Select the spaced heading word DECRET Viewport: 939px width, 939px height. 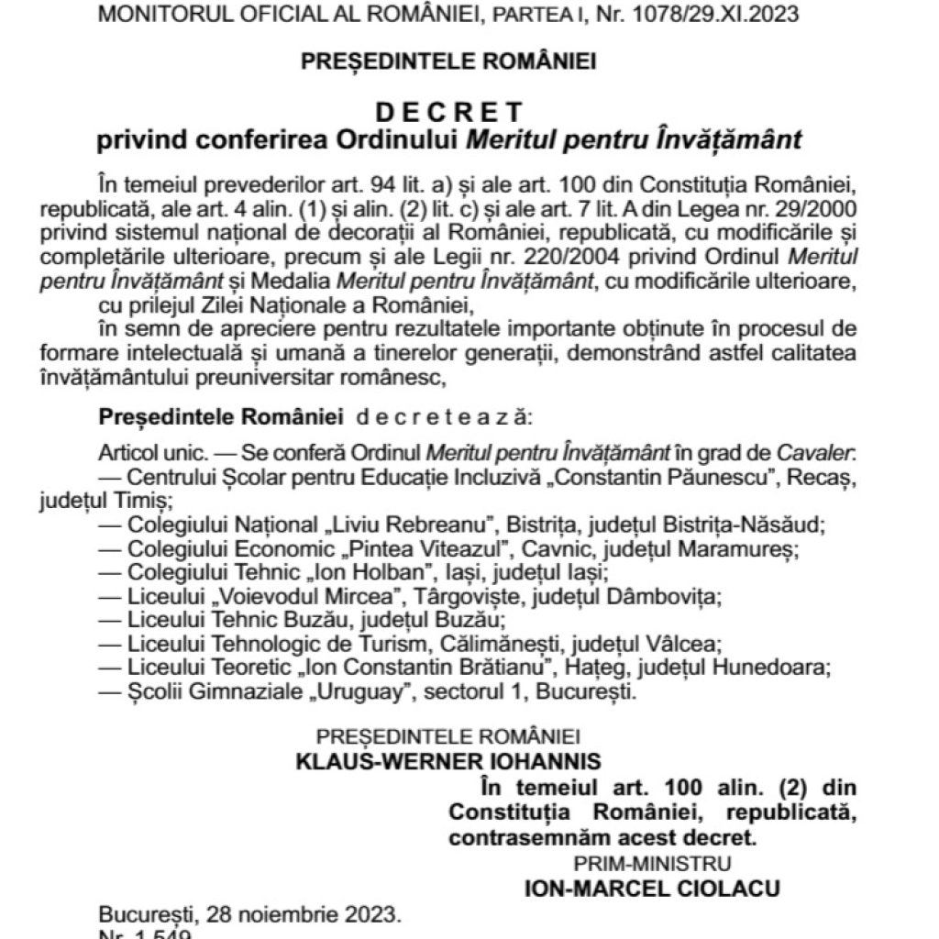point(449,113)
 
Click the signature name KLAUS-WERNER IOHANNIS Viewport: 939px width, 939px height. point(448,761)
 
